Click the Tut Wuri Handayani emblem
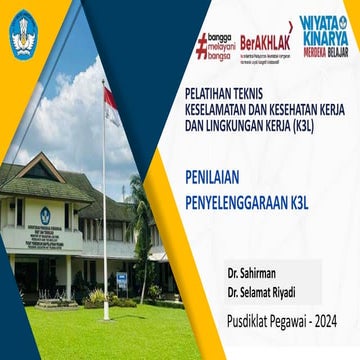pos(24,31)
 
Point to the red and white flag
pos(111,104)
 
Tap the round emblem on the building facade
pos(45,215)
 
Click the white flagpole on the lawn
pos(104,220)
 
